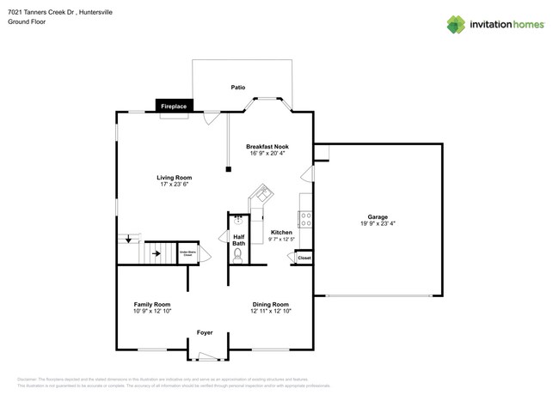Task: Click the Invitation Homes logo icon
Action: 456,24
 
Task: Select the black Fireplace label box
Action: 174,106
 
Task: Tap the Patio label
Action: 238,88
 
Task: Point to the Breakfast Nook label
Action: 267,147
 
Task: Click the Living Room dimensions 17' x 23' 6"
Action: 174,185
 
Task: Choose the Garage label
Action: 378,217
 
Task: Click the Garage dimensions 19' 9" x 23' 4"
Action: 378,224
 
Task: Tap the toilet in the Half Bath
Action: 238,254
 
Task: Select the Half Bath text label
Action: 238,240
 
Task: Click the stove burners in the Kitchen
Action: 304,219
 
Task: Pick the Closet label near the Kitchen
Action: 304,258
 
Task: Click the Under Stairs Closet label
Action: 187,254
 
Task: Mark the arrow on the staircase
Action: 157,254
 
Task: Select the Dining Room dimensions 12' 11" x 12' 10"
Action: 271,312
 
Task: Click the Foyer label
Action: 205,332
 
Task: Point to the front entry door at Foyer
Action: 208,355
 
